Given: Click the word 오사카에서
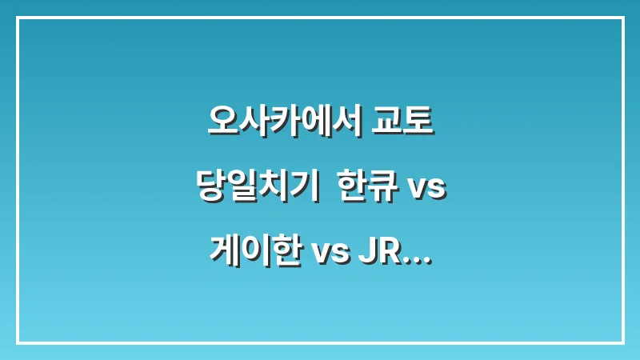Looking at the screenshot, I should (x=283, y=123).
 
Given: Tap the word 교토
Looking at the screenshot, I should (x=405, y=123).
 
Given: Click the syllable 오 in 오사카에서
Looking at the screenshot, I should (x=220, y=123).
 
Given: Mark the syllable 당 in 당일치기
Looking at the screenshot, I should (x=210, y=189).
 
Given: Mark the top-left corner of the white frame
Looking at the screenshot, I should (x=18, y=18).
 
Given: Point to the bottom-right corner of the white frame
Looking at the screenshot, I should (x=622, y=342).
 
